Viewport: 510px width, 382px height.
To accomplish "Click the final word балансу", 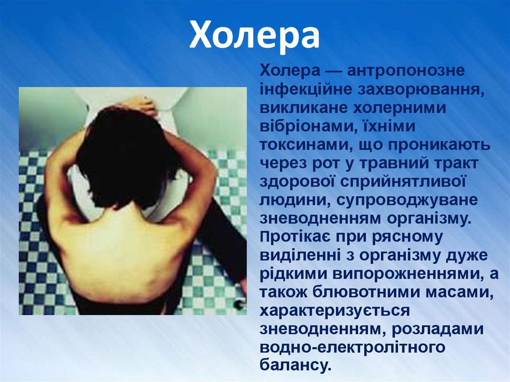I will click(x=295, y=366).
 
